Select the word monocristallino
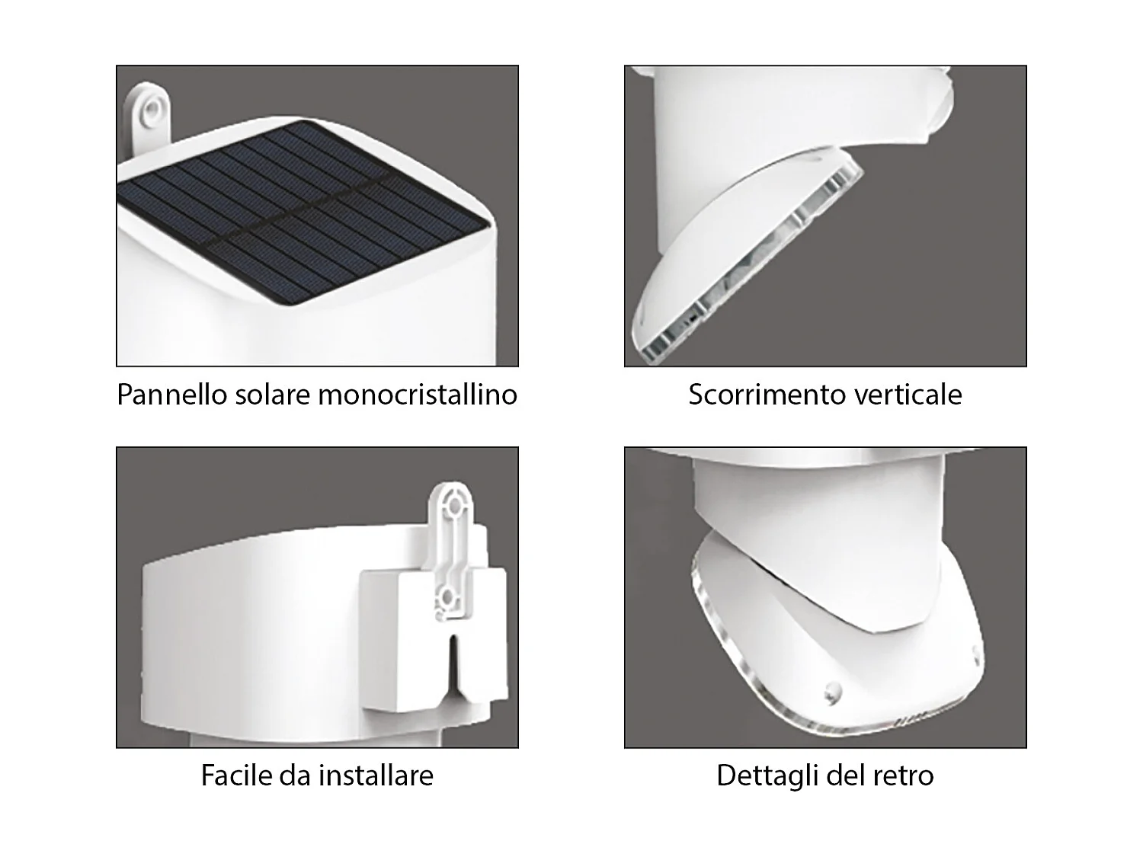tap(417, 395)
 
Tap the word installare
tap(376, 775)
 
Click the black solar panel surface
tap(305, 213)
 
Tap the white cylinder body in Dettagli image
tap(819, 510)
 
